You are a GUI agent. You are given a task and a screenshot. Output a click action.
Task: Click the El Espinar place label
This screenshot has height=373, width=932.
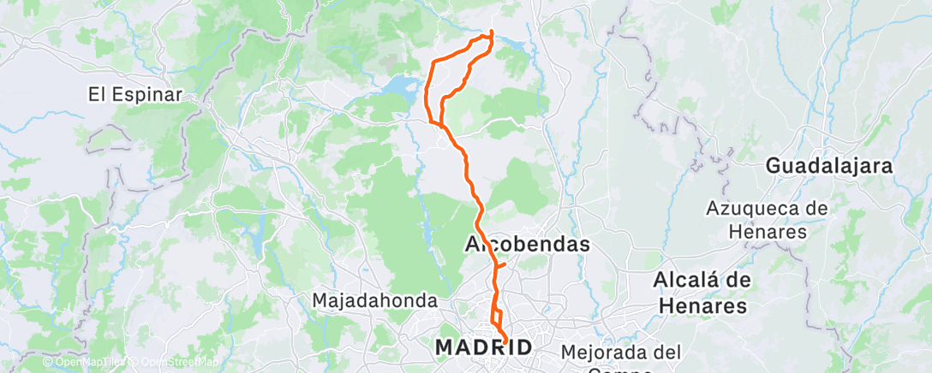click(135, 95)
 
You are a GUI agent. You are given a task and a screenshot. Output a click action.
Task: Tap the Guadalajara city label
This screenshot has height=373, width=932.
click(829, 166)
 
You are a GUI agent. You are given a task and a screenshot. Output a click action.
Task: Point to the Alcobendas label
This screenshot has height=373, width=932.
click(527, 245)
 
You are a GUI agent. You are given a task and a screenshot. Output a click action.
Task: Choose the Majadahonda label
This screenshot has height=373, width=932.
click(375, 301)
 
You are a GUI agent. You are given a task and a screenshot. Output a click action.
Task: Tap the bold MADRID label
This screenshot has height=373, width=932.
click(484, 346)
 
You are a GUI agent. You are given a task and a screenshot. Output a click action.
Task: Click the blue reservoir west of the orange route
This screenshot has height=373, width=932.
click(401, 86)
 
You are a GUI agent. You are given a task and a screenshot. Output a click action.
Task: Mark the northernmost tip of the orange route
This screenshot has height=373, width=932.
click(492, 32)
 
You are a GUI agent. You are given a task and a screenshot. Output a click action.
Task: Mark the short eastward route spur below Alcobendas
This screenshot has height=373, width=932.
click(503, 265)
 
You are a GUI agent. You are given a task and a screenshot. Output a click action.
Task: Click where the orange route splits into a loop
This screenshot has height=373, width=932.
click(442, 125)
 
